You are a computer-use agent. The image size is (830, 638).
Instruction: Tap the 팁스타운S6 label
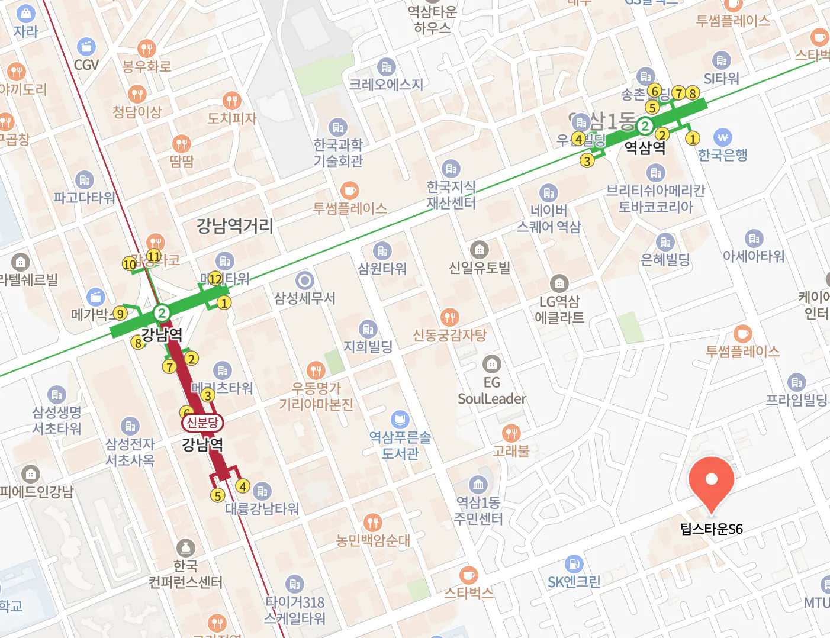pos(711,529)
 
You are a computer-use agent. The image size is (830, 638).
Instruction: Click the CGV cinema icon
pos(86,47)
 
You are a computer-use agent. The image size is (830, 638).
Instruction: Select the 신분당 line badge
pos(202,422)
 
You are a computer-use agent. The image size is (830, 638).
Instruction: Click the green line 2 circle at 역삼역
pos(645,125)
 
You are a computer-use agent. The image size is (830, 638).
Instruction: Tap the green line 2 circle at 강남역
pos(161,312)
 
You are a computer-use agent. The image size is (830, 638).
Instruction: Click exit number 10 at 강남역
pos(130,264)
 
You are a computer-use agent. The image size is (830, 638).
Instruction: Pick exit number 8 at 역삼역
pos(692,93)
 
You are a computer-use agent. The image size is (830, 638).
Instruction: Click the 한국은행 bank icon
pos(722,137)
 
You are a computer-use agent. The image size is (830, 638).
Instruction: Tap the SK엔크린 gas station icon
pos(574,564)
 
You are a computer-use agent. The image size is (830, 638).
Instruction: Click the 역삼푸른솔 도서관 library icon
pos(400,420)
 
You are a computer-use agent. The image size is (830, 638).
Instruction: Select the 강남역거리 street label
pos(235,225)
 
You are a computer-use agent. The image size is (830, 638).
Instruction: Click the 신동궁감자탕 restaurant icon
pos(450,317)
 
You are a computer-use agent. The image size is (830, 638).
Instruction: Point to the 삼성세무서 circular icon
pos(304,281)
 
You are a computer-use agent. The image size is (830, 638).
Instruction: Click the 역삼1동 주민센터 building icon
pos(478,485)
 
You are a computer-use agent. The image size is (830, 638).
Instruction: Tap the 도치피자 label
pos(232,118)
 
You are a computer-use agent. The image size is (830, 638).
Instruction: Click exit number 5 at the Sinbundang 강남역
pos(218,496)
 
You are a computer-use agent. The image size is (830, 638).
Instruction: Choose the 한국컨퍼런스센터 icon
pos(185,548)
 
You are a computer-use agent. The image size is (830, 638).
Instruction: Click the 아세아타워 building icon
pos(754,239)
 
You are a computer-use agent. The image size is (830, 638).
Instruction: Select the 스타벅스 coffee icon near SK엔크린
pos(468,575)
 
